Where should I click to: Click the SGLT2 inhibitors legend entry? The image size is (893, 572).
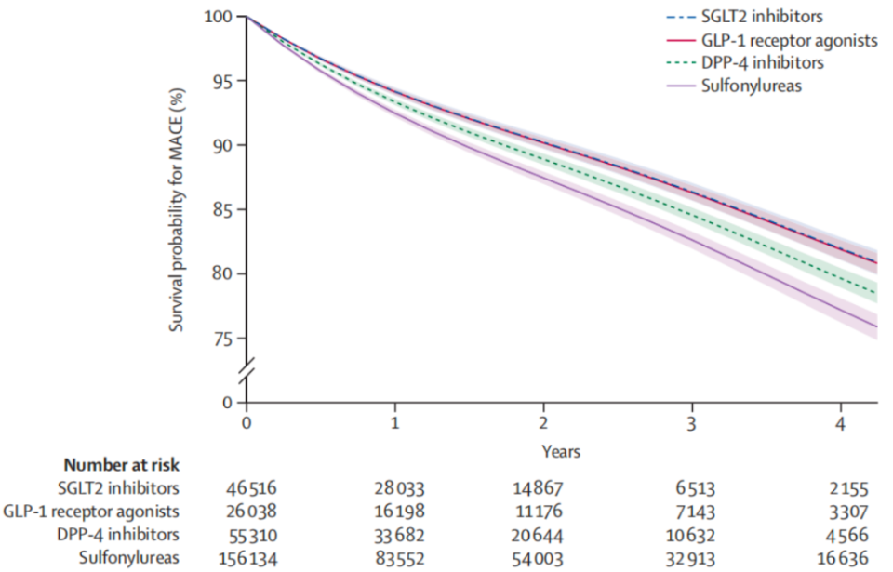point(758,17)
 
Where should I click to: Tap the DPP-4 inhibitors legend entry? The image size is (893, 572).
point(758,62)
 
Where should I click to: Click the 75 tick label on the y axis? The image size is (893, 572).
point(223,339)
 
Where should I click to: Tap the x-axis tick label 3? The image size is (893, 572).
point(691,424)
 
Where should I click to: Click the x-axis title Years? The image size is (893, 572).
point(561,451)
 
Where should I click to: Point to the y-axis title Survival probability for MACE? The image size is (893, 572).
point(176,210)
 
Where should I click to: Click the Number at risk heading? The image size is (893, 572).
point(121,464)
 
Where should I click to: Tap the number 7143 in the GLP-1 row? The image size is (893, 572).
point(691,511)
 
